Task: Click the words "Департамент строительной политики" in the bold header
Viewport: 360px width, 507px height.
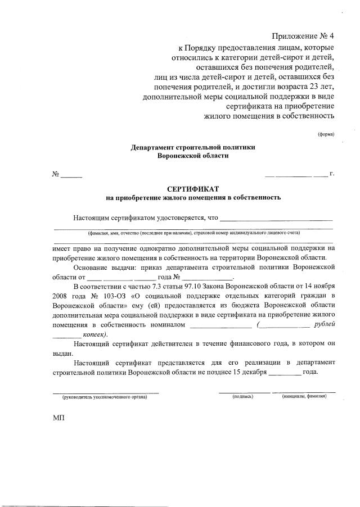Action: [193, 147]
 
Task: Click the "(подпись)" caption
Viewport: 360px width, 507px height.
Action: [243, 397]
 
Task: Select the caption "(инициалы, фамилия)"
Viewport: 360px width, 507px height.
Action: [304, 397]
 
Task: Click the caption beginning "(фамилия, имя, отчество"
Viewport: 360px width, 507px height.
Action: [193, 233]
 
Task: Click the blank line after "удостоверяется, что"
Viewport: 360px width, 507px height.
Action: [276, 219]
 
